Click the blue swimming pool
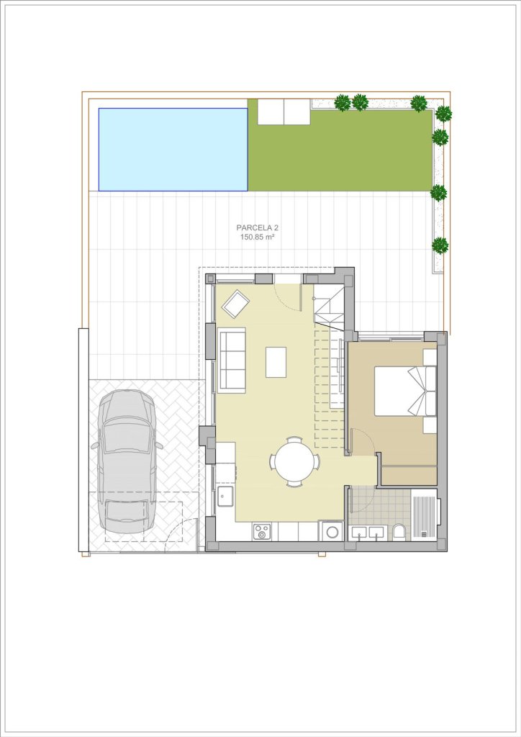(173, 150)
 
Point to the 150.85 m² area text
(258, 238)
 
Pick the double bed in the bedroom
(405, 391)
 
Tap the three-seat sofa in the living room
(232, 360)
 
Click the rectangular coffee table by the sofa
(276, 362)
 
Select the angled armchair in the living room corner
(236, 304)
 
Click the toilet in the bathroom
(399, 532)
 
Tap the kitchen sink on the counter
(225, 497)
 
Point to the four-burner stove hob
(262, 532)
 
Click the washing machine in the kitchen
(332, 531)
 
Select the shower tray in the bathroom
(425, 515)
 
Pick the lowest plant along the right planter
(440, 245)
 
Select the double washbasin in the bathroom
(368, 533)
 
